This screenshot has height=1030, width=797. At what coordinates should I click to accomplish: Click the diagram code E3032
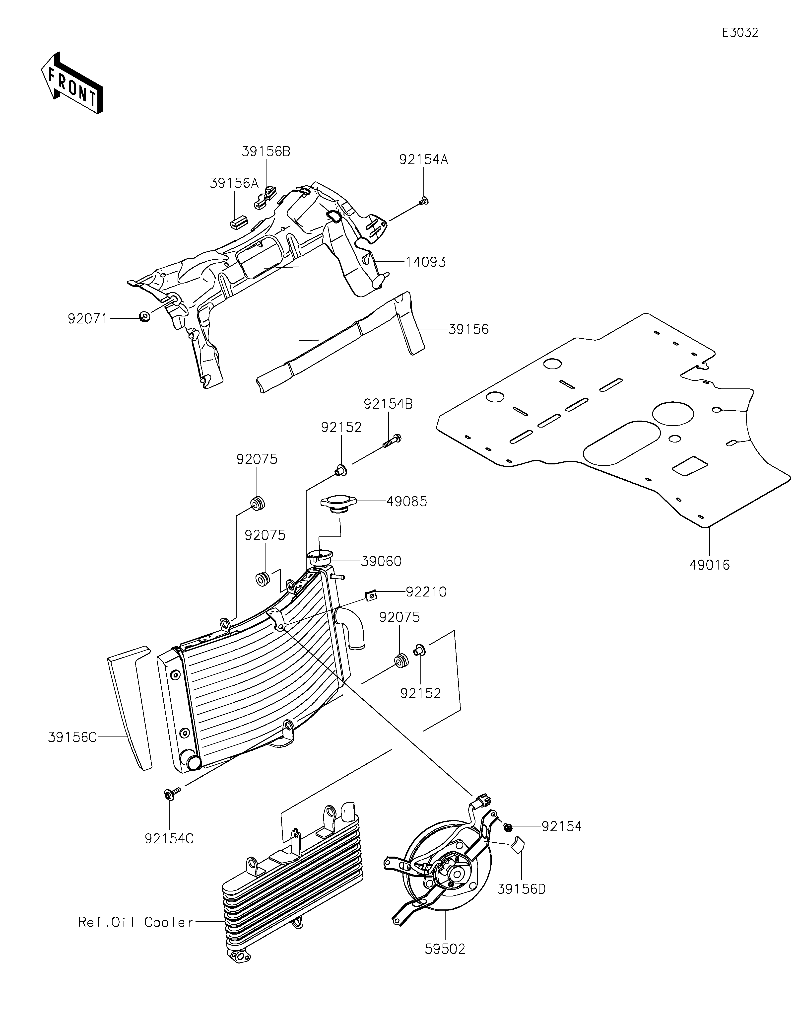pyautogui.click(x=740, y=33)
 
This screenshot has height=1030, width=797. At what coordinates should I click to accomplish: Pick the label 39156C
pyautogui.click(x=72, y=737)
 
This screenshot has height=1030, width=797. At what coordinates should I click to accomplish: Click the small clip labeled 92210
pyautogui.click(x=372, y=596)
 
